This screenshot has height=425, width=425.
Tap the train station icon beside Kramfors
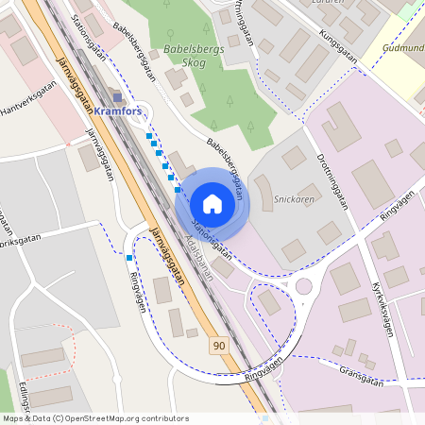point(116,96)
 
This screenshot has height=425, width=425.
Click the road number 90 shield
point(219,347)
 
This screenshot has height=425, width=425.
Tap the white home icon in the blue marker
point(212,203)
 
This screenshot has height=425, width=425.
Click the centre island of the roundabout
point(304,286)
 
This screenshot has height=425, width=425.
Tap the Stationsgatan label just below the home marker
point(212,239)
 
